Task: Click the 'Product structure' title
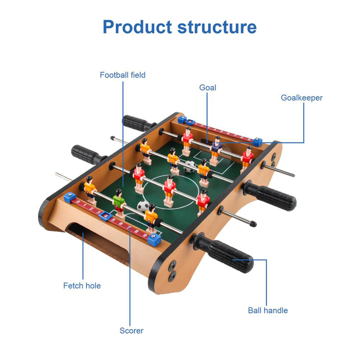[x=179, y=27]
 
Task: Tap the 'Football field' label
[x=122, y=75]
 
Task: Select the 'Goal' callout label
[x=208, y=87]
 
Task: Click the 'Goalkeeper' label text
[x=301, y=98]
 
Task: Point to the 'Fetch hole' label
[x=82, y=285]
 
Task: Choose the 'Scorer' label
[x=131, y=331]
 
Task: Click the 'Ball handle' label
[x=268, y=311]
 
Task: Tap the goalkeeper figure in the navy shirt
[x=216, y=150]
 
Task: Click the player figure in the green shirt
[x=119, y=203]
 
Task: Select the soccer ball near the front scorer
[x=143, y=206]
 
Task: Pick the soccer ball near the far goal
[x=190, y=167]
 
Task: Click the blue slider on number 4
[x=105, y=216]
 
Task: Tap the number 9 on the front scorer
[x=145, y=235]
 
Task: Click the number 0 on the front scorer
[x=78, y=202]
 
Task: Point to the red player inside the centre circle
[x=169, y=191]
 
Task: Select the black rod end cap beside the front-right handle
[x=253, y=223]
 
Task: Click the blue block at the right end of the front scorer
[x=154, y=239]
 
